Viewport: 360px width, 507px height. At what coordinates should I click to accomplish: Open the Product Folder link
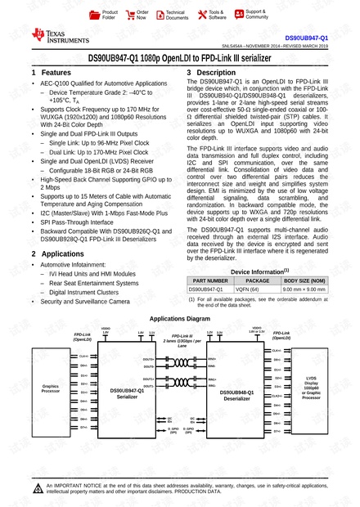[109, 14]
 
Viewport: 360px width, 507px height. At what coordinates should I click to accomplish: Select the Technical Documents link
[176, 14]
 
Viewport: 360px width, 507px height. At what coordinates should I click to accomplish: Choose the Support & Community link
[256, 14]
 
